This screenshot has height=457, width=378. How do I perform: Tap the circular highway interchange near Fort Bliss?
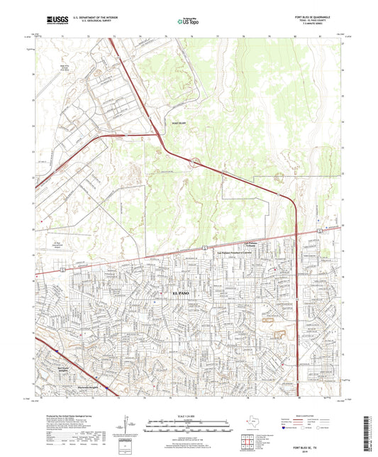(x=193, y=162)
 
